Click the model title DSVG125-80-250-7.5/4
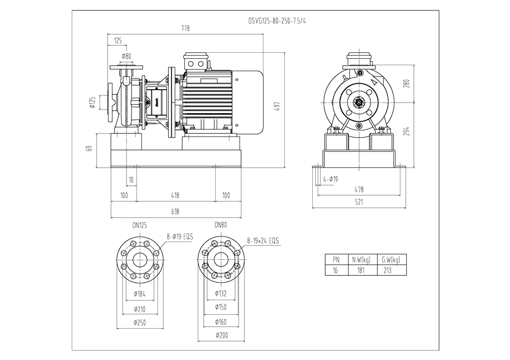(277, 21)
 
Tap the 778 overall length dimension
(185, 28)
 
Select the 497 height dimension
(277, 107)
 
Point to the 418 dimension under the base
(175, 196)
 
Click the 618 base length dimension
(175, 212)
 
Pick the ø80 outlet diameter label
(126, 56)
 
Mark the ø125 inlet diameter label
(93, 102)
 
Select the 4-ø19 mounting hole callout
(331, 179)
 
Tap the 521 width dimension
(359, 202)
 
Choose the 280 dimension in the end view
(406, 84)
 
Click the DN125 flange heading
(139, 226)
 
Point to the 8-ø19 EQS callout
(180, 237)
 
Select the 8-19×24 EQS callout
(263, 241)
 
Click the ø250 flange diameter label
(139, 323)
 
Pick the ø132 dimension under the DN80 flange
(221, 294)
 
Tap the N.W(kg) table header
(362, 259)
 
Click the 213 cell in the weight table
(387, 270)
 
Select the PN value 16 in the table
(335, 270)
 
